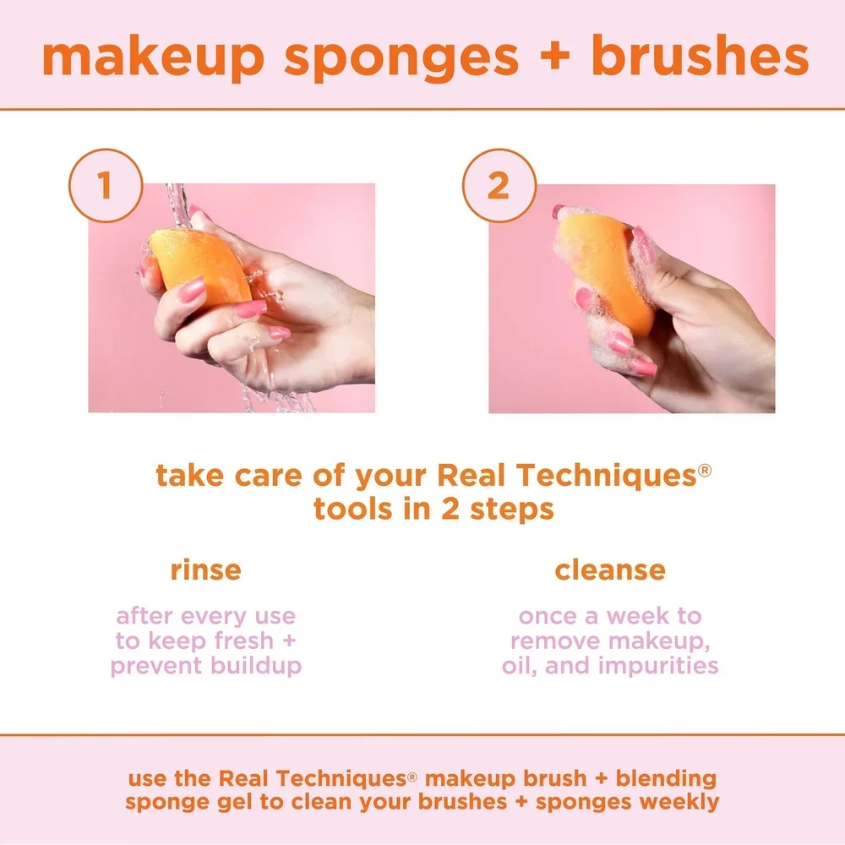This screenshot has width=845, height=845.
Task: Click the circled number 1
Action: click(105, 187)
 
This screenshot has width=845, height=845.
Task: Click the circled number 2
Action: click(499, 187)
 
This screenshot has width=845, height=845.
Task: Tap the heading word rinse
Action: click(205, 570)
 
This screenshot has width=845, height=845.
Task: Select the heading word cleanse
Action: click(609, 570)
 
